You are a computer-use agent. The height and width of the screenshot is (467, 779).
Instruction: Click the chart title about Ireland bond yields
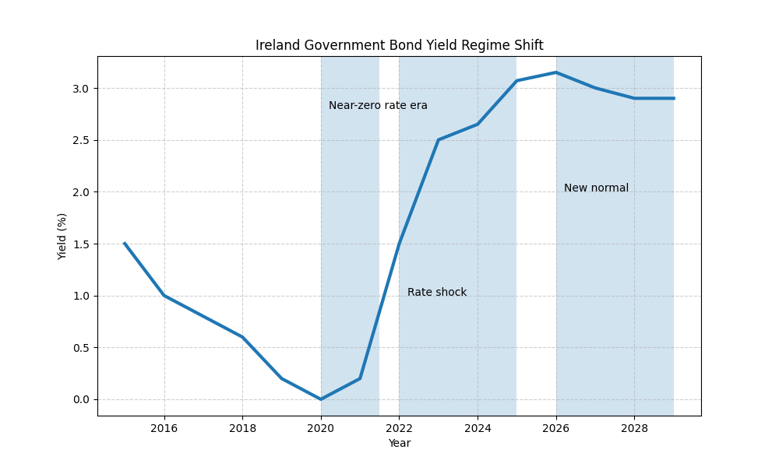click(399, 45)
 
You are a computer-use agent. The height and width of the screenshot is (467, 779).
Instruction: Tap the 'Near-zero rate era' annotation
click(378, 105)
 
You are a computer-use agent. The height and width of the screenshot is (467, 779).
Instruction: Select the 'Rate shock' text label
click(437, 292)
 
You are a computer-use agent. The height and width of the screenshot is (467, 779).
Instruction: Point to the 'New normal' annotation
click(596, 188)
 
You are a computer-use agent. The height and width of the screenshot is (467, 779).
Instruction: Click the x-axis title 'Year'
click(399, 443)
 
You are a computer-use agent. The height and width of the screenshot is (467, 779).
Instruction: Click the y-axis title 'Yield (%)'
click(62, 236)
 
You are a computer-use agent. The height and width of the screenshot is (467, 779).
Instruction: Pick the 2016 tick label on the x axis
click(164, 427)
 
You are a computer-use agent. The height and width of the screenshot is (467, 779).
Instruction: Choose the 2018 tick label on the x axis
click(242, 427)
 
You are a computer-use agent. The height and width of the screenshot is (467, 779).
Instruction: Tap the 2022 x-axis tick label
click(399, 427)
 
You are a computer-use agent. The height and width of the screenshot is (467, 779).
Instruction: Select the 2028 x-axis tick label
click(634, 427)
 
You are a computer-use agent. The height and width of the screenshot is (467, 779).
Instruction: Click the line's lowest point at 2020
click(321, 399)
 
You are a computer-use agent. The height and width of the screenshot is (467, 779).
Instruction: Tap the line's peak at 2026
click(556, 72)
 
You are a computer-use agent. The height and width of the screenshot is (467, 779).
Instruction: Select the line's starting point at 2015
click(125, 244)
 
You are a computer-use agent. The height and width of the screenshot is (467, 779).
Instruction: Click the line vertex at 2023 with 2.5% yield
click(439, 140)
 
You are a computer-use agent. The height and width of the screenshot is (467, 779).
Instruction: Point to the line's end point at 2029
click(674, 98)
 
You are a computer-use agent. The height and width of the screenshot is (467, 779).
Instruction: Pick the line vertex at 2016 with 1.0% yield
click(164, 296)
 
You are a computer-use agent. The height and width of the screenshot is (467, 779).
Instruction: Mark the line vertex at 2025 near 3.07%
click(516, 81)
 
